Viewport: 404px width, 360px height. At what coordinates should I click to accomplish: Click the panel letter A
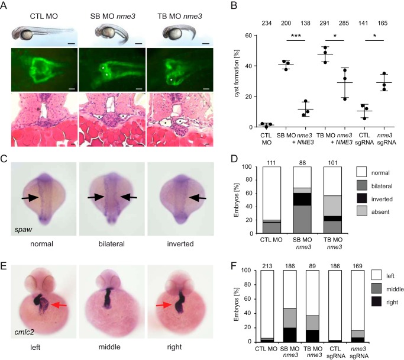(x=7, y=6)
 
